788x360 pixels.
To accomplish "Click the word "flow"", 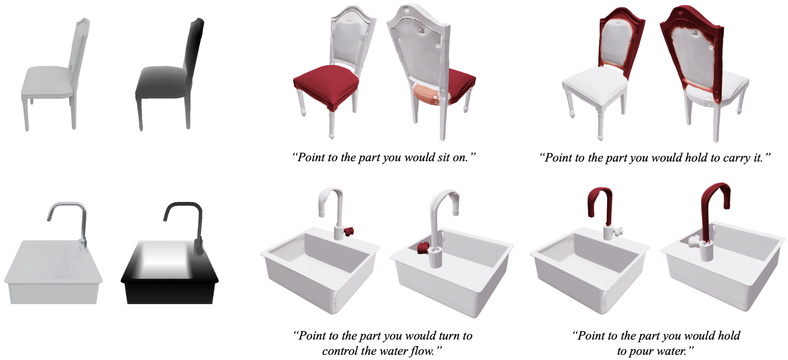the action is (x=421, y=351).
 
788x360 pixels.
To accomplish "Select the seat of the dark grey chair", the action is (x=160, y=82).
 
